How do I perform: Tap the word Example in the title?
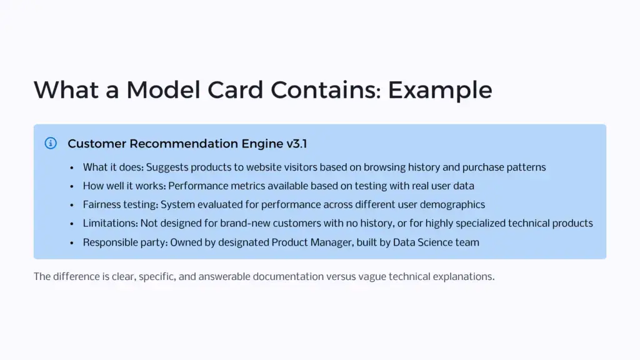point(440,90)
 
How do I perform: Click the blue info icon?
point(51,143)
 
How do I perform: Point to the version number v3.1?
point(297,144)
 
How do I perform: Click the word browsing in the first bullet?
point(384,167)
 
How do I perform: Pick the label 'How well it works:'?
point(124,186)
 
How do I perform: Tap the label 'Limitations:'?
point(109,224)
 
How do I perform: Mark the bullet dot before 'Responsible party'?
point(73,242)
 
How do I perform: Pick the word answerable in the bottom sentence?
point(224,276)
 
